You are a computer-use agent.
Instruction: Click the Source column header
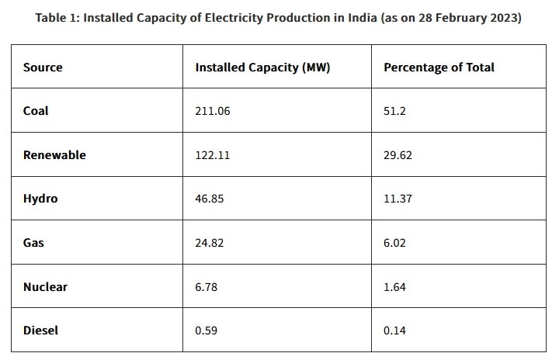pyautogui.click(x=43, y=67)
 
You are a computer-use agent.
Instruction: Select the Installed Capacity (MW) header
pyautogui.click(x=262, y=67)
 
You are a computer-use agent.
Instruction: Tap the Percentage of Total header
pyautogui.click(x=439, y=67)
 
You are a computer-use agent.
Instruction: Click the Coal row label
pyautogui.click(x=36, y=111)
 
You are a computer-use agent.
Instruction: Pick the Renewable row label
pyautogui.click(x=54, y=155)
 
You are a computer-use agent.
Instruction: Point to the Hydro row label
pyautogui.click(x=40, y=199)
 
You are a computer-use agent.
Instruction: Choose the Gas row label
pyautogui.click(x=33, y=243)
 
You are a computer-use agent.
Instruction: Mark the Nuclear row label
pyautogui.click(x=45, y=287)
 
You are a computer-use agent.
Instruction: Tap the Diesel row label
pyautogui.click(x=40, y=331)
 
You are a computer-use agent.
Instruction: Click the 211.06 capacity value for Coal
pyautogui.click(x=213, y=111)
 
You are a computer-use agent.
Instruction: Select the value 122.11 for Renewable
pyautogui.click(x=212, y=155)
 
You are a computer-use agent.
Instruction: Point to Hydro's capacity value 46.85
pyautogui.click(x=210, y=199)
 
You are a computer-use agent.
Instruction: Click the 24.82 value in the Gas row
pyautogui.click(x=210, y=243)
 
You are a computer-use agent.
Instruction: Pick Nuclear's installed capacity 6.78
pyautogui.click(x=207, y=287)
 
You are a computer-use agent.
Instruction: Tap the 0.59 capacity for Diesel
pyautogui.click(x=207, y=331)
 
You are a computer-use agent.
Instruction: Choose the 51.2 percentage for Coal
pyautogui.click(x=394, y=111)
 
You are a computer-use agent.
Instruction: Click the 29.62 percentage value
pyautogui.click(x=398, y=155)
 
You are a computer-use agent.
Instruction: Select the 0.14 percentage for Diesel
pyautogui.click(x=394, y=331)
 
